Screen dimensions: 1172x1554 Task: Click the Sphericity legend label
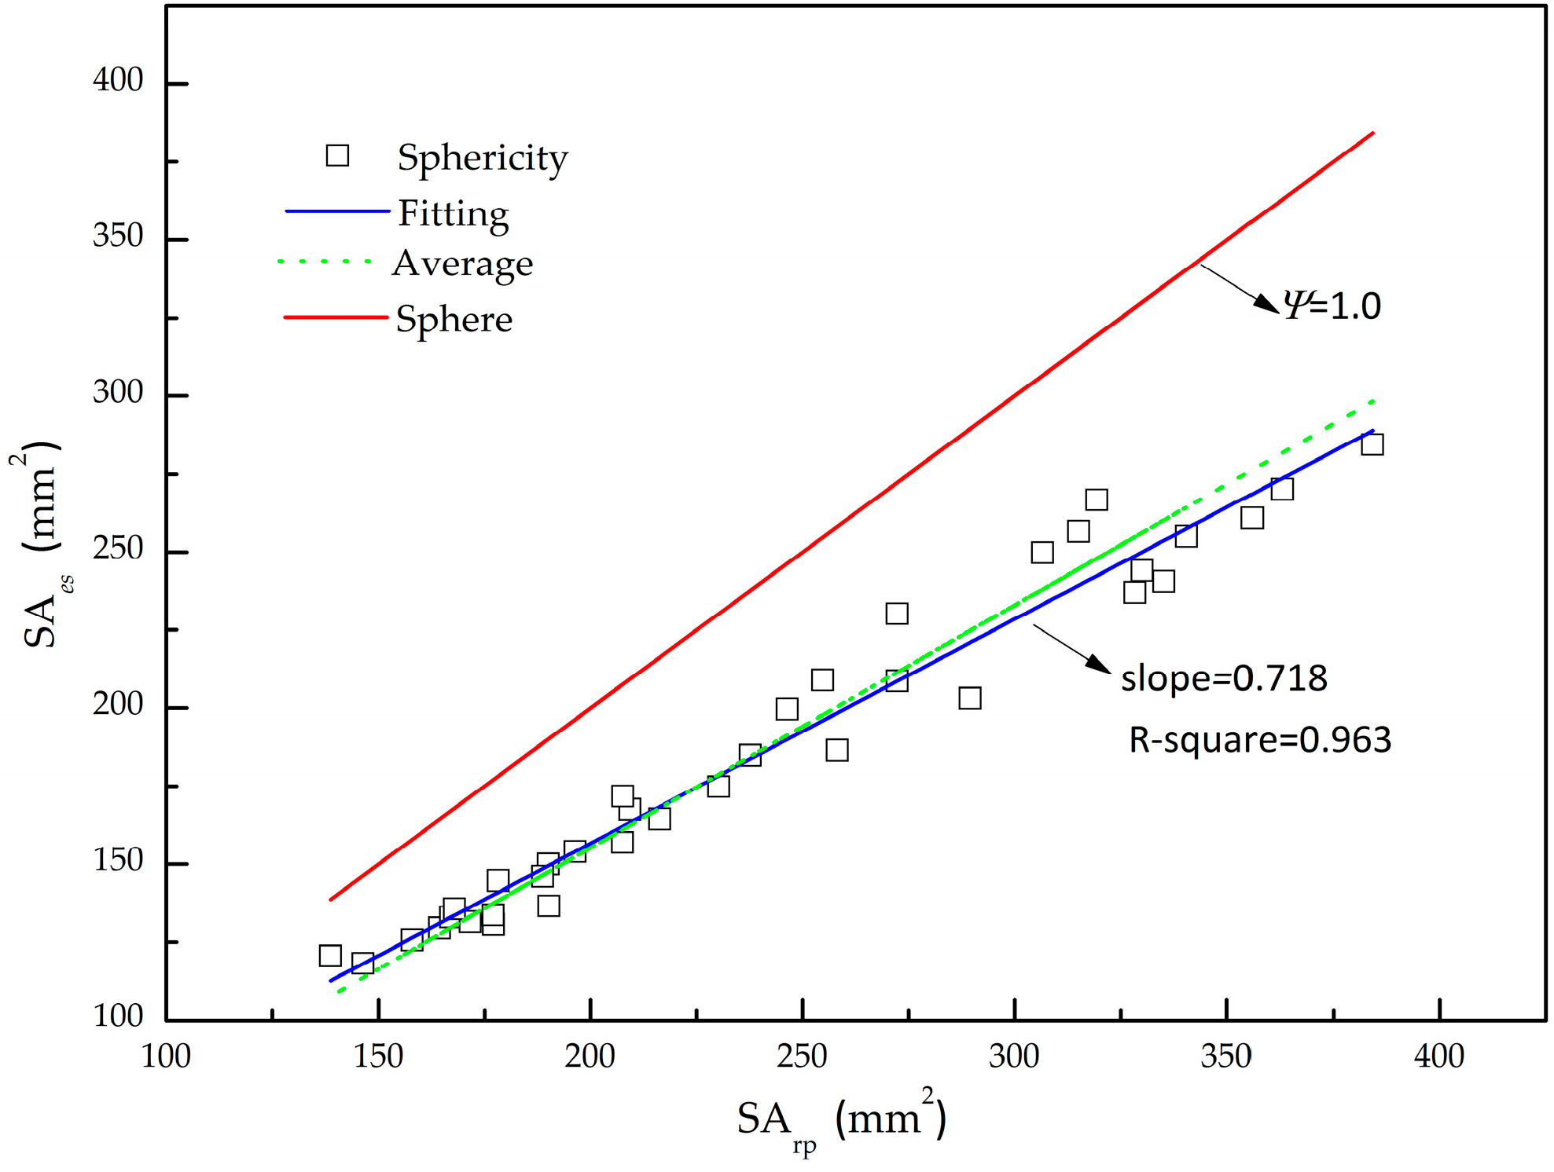click(x=482, y=158)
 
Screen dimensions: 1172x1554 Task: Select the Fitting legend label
click(x=454, y=214)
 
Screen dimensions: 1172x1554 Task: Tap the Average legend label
click(x=462, y=263)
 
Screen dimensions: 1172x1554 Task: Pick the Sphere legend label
click(x=454, y=320)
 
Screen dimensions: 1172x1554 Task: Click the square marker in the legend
click(x=337, y=156)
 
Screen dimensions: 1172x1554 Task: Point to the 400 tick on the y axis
click(x=118, y=80)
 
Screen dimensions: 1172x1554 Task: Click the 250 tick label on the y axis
click(x=118, y=548)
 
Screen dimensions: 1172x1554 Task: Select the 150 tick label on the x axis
click(x=378, y=1057)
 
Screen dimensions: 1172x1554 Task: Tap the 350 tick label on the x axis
click(x=1225, y=1057)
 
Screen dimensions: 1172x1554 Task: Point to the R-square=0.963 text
click(x=1259, y=740)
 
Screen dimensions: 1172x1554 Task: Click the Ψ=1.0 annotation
click(x=1332, y=305)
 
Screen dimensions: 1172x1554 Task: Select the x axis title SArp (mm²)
click(x=841, y=1120)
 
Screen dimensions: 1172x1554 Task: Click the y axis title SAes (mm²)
click(x=41, y=546)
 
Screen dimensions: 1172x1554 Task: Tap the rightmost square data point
click(x=1372, y=445)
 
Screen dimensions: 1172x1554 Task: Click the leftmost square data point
click(x=330, y=955)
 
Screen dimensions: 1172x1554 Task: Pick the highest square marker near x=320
click(x=1097, y=500)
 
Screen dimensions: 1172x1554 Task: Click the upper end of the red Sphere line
click(x=1372, y=134)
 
